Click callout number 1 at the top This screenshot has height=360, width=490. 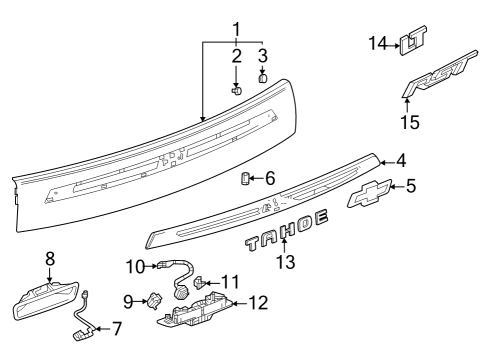tap(236, 27)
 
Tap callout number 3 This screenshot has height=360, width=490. tap(263, 54)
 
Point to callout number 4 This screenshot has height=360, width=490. tap(399, 160)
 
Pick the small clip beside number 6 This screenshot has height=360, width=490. tap(243, 178)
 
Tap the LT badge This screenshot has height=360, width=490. tap(411, 41)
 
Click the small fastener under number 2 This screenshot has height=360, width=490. tap(237, 89)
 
